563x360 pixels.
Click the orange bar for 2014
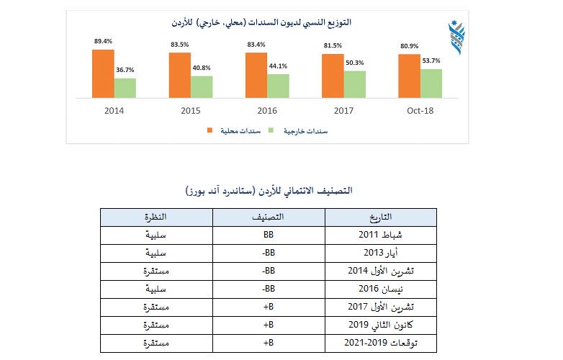[103, 73]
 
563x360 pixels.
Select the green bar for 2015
[202, 86]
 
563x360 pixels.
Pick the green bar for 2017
[354, 84]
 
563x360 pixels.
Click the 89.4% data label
[102, 42]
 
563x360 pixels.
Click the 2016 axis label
[267, 111]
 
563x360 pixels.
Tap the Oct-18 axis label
[420, 111]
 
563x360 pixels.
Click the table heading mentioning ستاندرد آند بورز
[268, 191]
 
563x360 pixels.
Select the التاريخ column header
[380, 217]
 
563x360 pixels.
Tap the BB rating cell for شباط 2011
[269, 235]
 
